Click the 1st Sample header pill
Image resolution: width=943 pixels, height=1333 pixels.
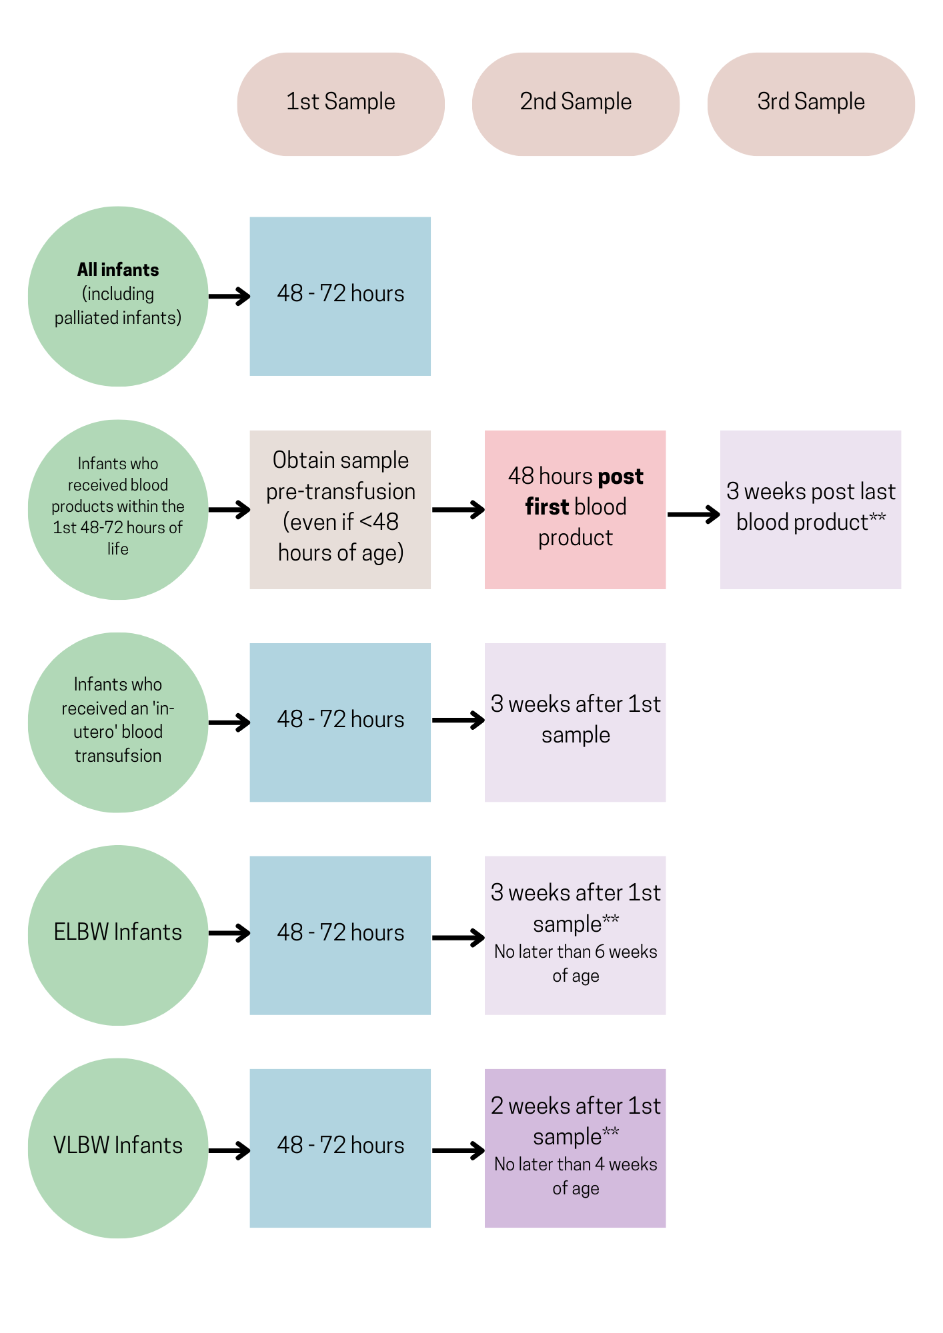point(341,104)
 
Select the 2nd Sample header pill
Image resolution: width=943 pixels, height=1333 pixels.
point(576,104)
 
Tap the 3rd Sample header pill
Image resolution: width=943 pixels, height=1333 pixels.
point(811,104)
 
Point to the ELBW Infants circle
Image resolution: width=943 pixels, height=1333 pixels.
point(118,935)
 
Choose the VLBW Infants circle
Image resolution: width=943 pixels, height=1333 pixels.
point(118,1148)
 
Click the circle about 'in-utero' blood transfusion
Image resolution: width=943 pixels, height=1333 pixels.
point(118,722)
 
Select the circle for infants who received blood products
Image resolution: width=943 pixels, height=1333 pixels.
point(118,509)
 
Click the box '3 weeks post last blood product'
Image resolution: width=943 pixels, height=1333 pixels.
point(810,509)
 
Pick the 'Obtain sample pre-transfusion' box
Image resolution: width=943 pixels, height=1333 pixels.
point(340,509)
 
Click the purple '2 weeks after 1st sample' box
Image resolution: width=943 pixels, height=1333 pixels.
point(575,1148)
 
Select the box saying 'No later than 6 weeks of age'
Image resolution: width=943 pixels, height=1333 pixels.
point(575,935)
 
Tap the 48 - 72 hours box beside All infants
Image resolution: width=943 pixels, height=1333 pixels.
point(340,296)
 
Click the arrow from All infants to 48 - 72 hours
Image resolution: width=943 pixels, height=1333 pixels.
point(229,296)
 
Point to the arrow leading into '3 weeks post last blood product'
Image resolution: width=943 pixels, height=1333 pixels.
point(694,514)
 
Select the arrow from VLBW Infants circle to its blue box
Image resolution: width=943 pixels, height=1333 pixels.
point(229,1150)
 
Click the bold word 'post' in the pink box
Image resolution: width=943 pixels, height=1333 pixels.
point(620,477)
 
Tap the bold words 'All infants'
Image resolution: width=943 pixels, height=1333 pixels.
point(118,270)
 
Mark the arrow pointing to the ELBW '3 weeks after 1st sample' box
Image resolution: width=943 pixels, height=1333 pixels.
point(458,938)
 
